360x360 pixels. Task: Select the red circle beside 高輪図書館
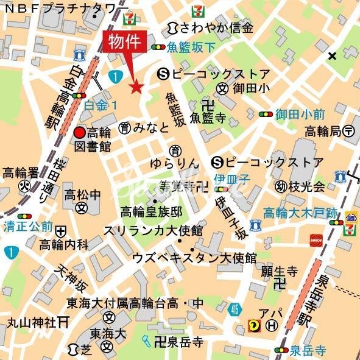point(79,133)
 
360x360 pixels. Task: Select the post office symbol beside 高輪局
point(349,130)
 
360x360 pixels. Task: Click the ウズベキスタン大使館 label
point(194,258)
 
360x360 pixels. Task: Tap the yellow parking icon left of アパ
point(253,326)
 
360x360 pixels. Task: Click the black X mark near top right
point(331,57)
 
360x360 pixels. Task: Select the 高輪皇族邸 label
point(151,212)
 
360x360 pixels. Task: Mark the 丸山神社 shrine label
point(32,322)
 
